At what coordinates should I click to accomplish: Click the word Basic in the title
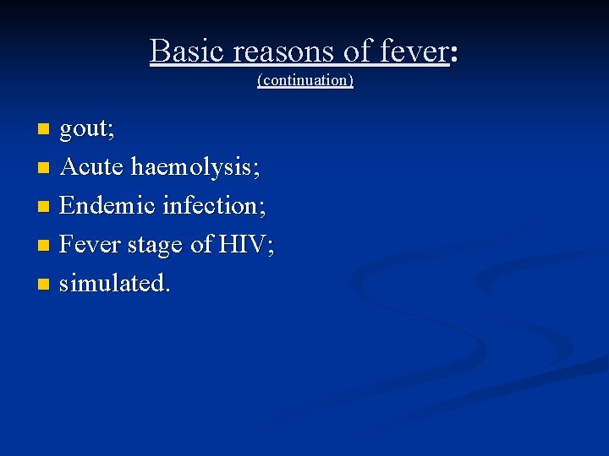pyautogui.click(x=188, y=52)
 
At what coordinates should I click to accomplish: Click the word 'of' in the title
pyautogui.click(x=359, y=52)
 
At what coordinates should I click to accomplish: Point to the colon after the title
pyautogui.click(x=454, y=55)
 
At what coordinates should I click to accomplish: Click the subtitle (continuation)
pyautogui.click(x=304, y=81)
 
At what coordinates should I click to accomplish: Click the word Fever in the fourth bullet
pyautogui.click(x=91, y=244)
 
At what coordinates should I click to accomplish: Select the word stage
pyautogui.click(x=157, y=246)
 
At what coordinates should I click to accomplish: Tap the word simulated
pyautogui.click(x=113, y=283)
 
